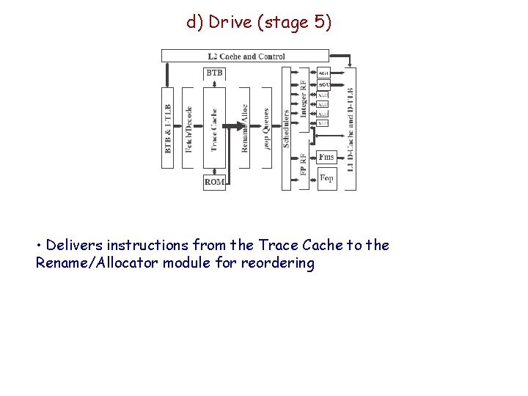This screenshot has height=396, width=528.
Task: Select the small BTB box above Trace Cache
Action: pyautogui.click(x=214, y=73)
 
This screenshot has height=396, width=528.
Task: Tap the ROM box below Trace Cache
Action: pyautogui.click(x=214, y=182)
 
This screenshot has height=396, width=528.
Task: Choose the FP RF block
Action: pyautogui.click(x=304, y=164)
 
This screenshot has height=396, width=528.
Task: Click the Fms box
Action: pyautogui.click(x=327, y=158)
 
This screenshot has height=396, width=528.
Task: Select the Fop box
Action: pyautogui.click(x=327, y=178)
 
